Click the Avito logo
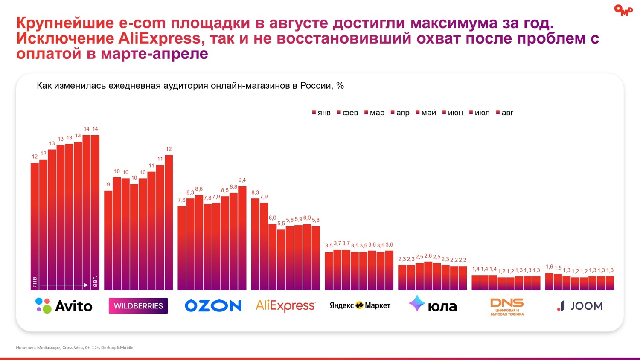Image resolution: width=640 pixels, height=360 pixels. [64, 306]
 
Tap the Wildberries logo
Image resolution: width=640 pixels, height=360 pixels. [138, 306]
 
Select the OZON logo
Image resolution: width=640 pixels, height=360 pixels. [213, 305]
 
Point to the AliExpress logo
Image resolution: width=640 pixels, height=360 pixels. [285, 305]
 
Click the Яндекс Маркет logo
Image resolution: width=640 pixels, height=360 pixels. [360, 305]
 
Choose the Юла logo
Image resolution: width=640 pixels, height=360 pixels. [433, 305]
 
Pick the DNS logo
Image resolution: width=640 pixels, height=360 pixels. [507, 306]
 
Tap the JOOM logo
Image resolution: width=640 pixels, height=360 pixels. [580, 306]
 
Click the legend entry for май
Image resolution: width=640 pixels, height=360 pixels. [426, 113]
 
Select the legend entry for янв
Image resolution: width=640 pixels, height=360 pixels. [322, 113]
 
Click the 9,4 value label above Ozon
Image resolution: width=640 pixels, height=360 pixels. [242, 180]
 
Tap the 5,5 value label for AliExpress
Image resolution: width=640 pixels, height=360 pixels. [281, 224]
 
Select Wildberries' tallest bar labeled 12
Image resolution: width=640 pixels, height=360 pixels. [169, 222]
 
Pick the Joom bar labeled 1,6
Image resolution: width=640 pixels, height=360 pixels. [549, 282]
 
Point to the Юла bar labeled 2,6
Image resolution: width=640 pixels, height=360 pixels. [428, 276]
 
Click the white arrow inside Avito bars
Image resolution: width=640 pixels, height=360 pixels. [64, 285]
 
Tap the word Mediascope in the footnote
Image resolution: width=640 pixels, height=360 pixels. [49, 348]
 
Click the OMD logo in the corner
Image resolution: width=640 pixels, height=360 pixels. [623, 10]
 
